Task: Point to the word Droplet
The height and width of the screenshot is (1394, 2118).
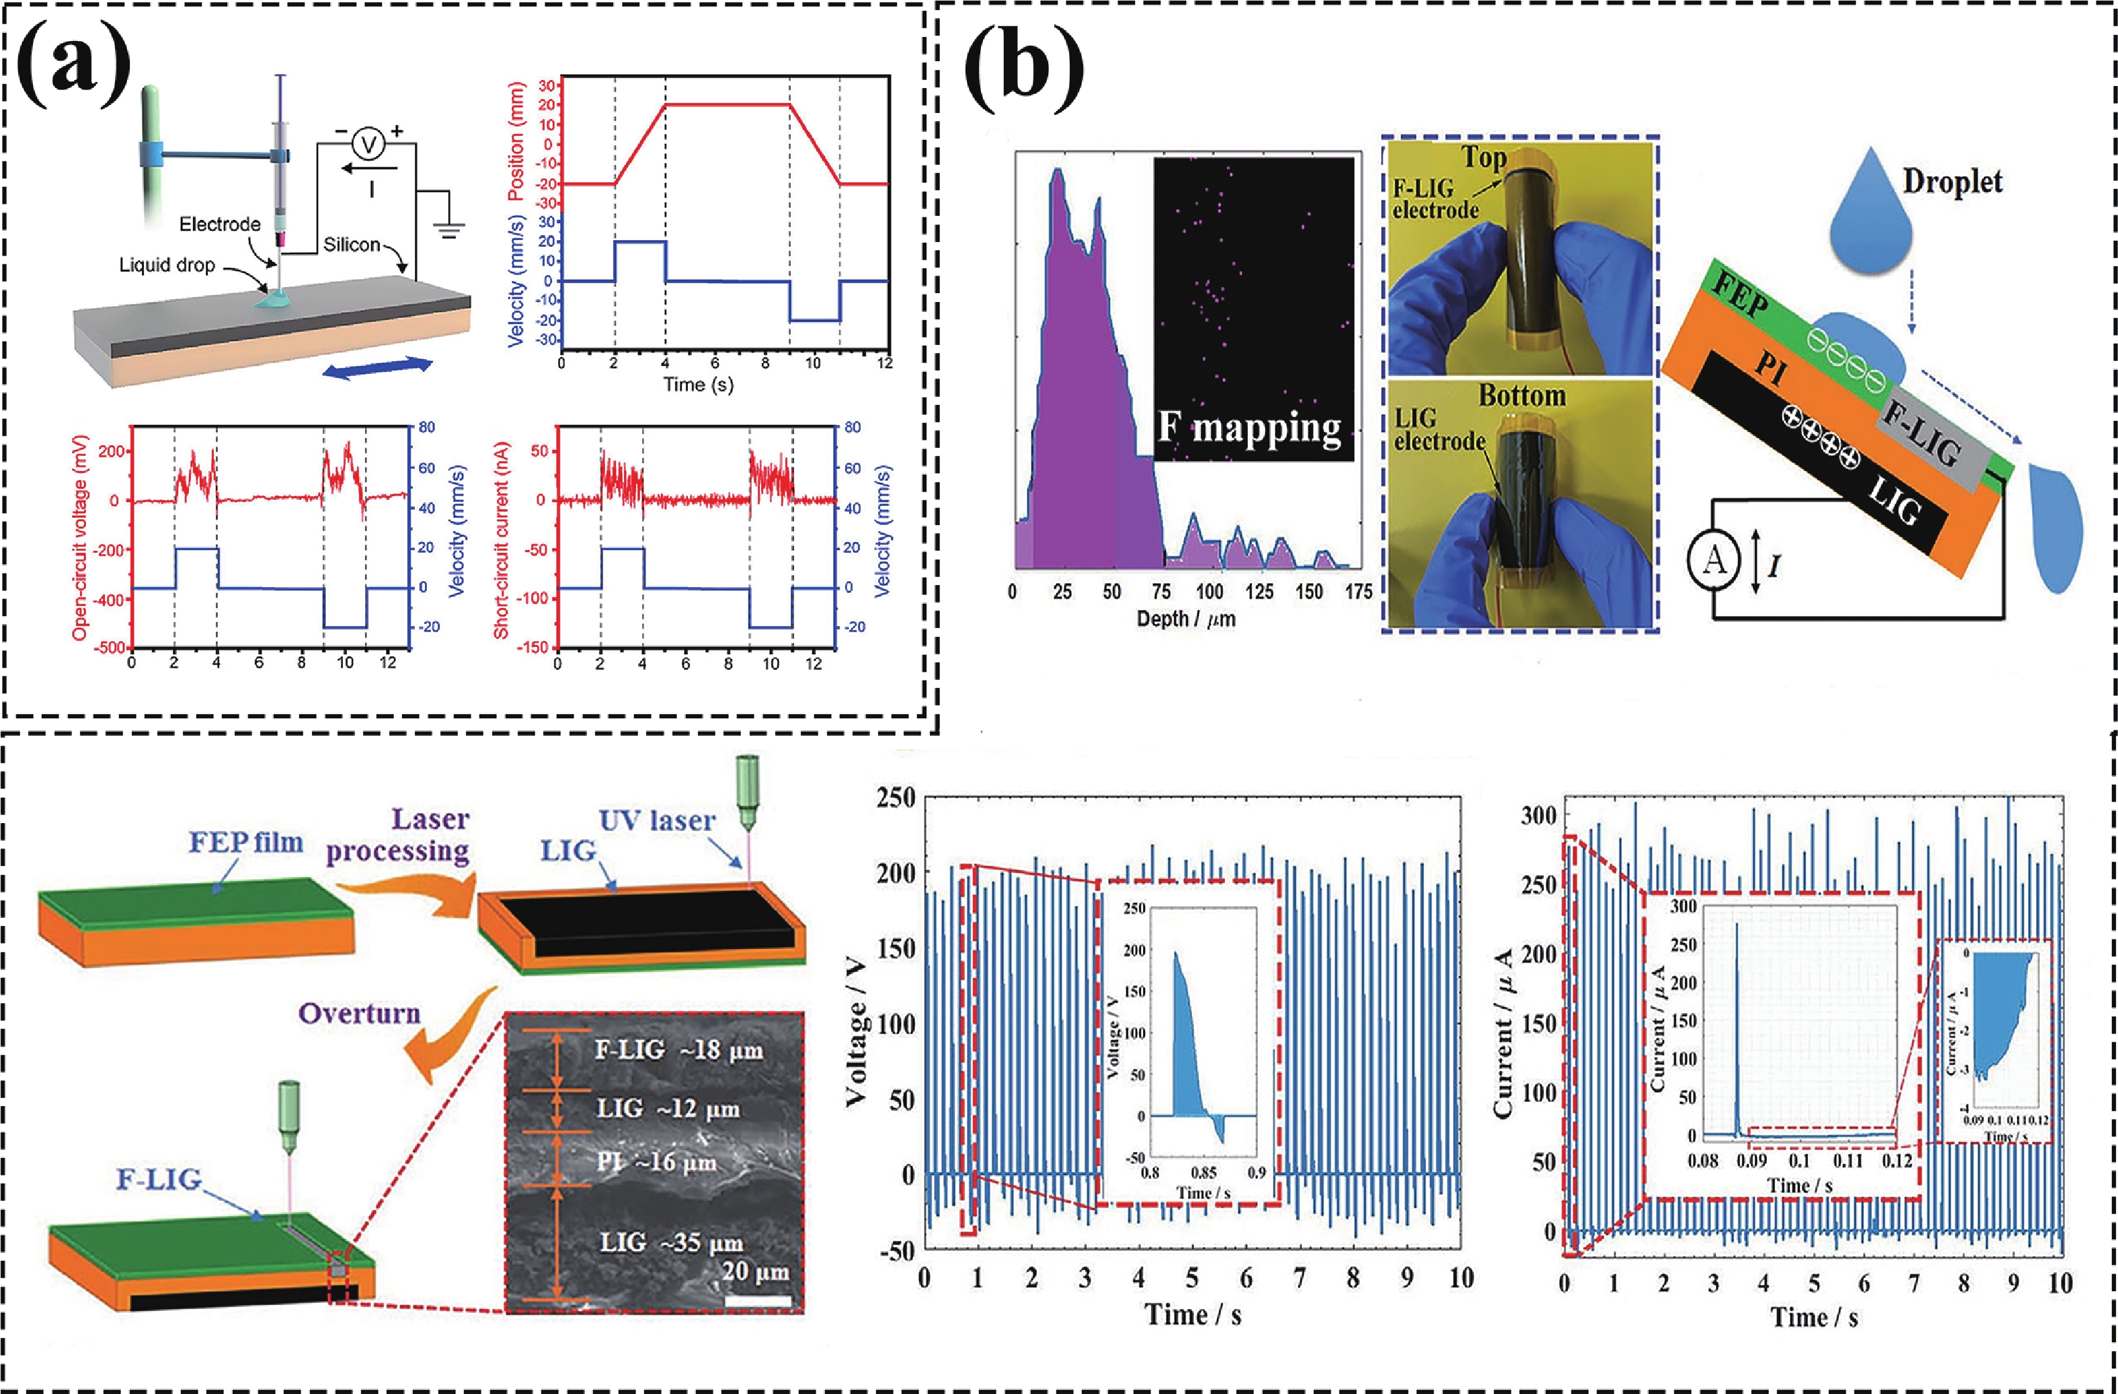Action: (x=1953, y=182)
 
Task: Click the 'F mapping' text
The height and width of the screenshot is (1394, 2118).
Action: (x=1249, y=428)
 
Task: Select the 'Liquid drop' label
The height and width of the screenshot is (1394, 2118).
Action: (x=167, y=265)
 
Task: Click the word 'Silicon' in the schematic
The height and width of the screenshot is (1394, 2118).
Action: (x=352, y=244)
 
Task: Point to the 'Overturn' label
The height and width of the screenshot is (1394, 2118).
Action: (x=360, y=1014)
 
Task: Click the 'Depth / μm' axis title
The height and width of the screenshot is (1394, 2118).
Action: (x=1185, y=619)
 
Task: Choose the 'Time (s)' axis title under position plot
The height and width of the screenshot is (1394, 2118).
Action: (x=699, y=385)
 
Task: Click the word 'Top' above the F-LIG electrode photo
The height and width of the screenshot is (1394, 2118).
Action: (x=1483, y=157)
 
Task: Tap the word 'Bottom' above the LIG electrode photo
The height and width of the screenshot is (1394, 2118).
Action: (x=1522, y=395)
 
